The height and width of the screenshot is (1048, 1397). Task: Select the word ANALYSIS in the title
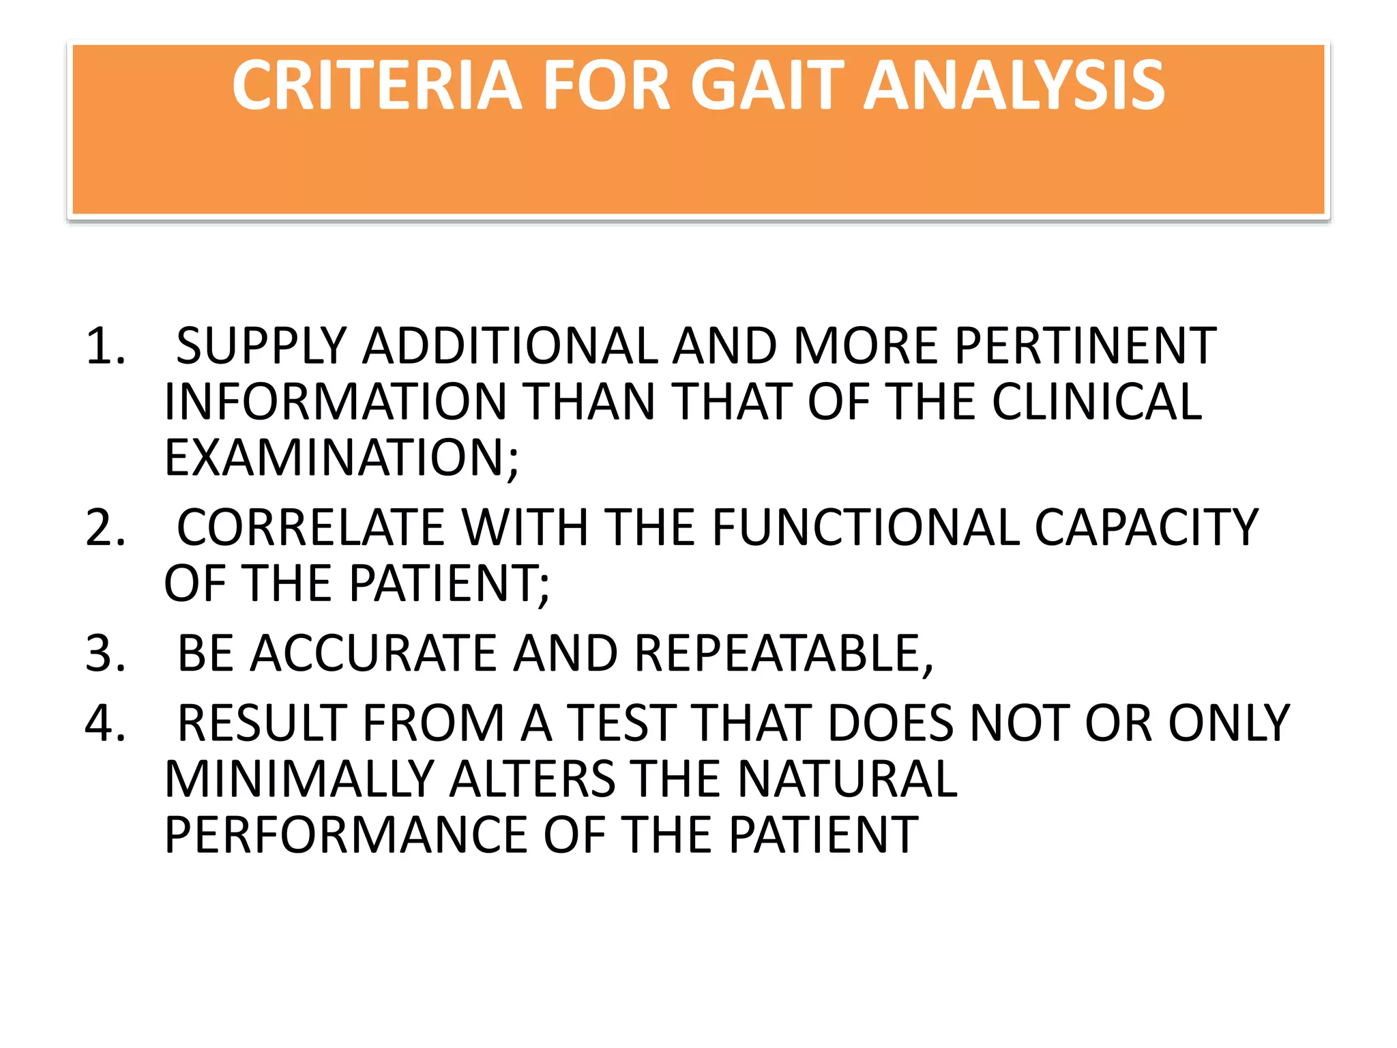coord(1014,85)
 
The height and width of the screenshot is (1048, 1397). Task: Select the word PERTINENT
coord(1085,346)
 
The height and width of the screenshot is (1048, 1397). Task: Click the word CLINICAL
coord(1096,402)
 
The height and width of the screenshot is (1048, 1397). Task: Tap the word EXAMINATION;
coord(341,458)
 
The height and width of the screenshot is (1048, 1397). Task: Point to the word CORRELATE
coord(310,527)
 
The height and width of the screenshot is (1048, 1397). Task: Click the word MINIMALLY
coord(299,779)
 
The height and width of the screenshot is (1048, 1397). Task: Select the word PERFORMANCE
coord(346,835)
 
